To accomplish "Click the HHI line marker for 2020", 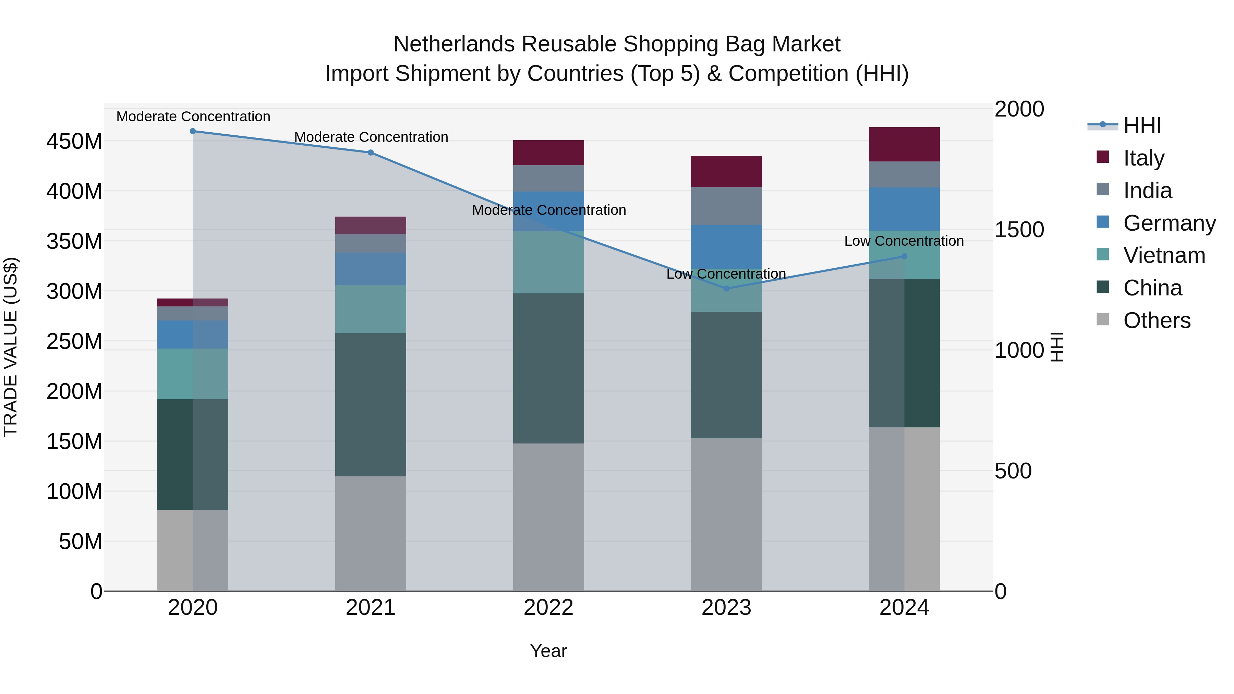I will pyautogui.click(x=193, y=131).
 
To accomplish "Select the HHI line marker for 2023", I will pyautogui.click(x=726, y=289).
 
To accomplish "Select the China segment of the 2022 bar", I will pyautogui.click(x=548, y=368).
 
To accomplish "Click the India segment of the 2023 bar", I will pyautogui.click(x=726, y=206).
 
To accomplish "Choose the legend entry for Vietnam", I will pyautogui.click(x=1164, y=255).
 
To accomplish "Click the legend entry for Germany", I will pyautogui.click(x=1169, y=223).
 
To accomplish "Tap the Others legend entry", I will pyautogui.click(x=1157, y=320).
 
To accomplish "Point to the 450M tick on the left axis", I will pyautogui.click(x=74, y=142).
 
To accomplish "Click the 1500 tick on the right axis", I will pyautogui.click(x=1019, y=230).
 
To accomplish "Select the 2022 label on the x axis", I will pyautogui.click(x=548, y=608).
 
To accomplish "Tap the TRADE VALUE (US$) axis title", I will pyautogui.click(x=11, y=347).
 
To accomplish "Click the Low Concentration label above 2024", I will pyautogui.click(x=904, y=241).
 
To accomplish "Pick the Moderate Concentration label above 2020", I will pyautogui.click(x=193, y=117).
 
